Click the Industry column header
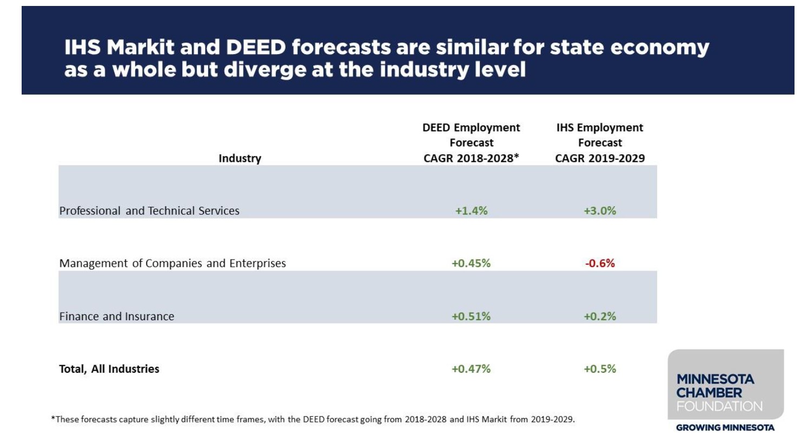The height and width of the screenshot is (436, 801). click(x=240, y=158)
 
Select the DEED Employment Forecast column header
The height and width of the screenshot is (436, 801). click(x=471, y=143)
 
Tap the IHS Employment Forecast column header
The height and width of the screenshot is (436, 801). click(x=600, y=143)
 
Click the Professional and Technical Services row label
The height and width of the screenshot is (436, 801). click(x=149, y=211)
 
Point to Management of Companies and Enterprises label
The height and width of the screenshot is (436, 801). click(x=173, y=263)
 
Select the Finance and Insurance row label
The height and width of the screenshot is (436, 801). click(x=117, y=316)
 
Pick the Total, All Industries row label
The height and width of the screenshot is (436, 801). click(x=109, y=369)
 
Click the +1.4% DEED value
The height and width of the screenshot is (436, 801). click(x=471, y=211)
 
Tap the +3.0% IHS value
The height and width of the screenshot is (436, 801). click(x=600, y=211)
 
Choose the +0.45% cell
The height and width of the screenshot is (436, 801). click(x=471, y=263)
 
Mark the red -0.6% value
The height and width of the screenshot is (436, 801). click(x=600, y=263)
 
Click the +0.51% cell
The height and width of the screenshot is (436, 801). click(x=471, y=316)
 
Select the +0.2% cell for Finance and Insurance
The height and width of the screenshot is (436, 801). click(x=600, y=316)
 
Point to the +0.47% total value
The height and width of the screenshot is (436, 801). click(x=471, y=369)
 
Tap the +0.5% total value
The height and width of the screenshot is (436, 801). click(x=600, y=369)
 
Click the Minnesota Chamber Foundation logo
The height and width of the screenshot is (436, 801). click(x=725, y=385)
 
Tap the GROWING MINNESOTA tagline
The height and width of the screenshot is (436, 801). click(x=725, y=427)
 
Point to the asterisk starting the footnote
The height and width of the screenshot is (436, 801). click(x=53, y=418)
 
